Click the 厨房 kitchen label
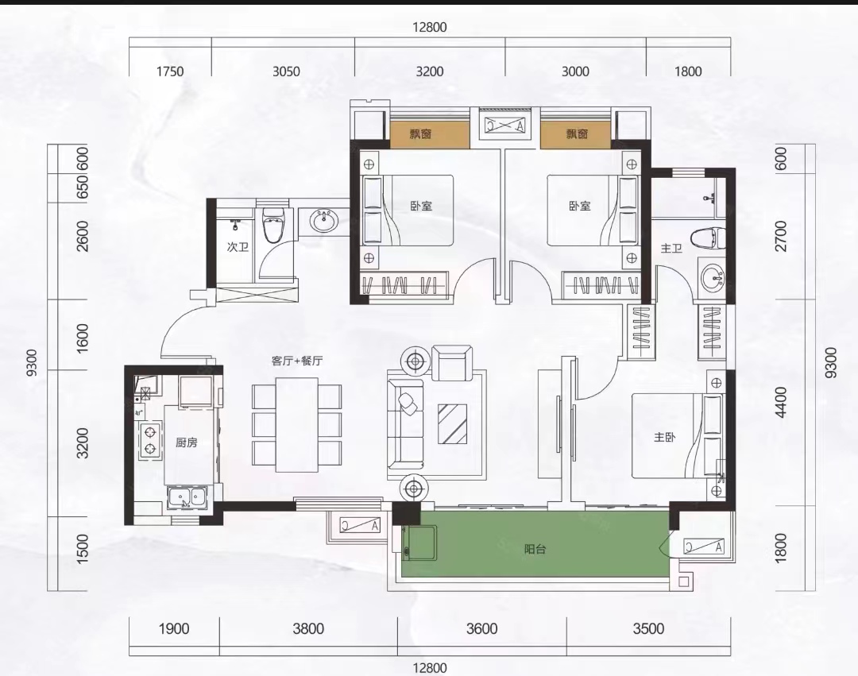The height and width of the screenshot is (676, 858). (x=186, y=442)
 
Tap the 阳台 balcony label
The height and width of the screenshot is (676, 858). (x=535, y=549)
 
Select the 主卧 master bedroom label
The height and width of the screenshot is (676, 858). (x=664, y=437)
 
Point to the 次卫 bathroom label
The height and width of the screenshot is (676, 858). (x=238, y=247)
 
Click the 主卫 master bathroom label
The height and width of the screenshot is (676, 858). (x=671, y=249)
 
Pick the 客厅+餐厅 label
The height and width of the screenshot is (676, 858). (x=297, y=361)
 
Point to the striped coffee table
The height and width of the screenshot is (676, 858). (x=453, y=423)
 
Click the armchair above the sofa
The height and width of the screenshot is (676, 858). (x=452, y=362)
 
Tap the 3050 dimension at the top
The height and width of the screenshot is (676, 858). (x=286, y=71)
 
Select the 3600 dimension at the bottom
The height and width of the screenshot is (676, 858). (x=482, y=628)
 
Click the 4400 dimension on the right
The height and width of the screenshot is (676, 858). (x=781, y=402)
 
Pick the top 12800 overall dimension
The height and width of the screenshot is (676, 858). (x=430, y=27)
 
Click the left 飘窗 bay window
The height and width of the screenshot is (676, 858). (x=430, y=134)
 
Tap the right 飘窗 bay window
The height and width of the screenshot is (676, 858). (x=576, y=134)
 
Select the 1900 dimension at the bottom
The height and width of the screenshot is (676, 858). (x=174, y=628)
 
